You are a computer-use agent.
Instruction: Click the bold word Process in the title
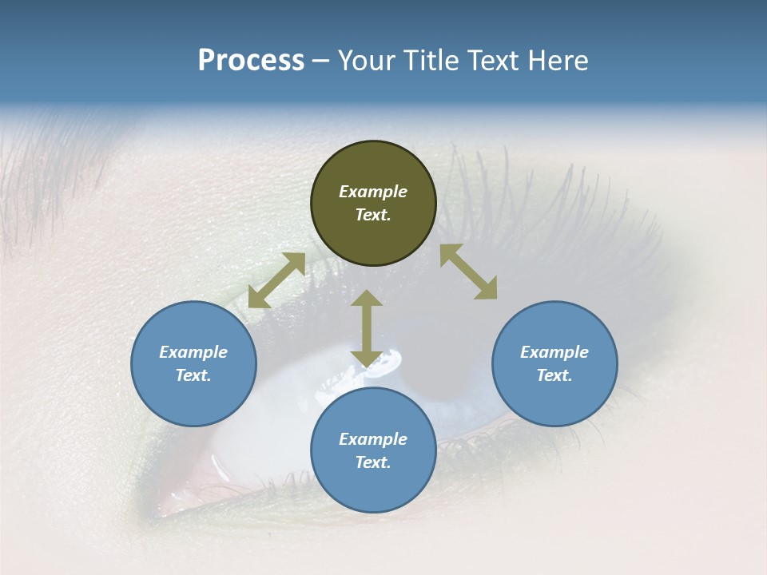tap(251, 61)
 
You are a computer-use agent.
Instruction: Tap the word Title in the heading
tap(425, 61)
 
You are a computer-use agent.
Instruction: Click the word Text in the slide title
tap(491, 61)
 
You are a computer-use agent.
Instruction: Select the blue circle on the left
tap(193, 399)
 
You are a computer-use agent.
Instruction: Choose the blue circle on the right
tap(554, 399)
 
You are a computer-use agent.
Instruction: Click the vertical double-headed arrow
tap(367, 328)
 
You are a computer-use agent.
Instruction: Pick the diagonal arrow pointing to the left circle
tap(276, 280)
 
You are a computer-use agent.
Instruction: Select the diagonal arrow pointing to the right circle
tap(468, 272)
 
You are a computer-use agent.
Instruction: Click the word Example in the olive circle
tap(373, 192)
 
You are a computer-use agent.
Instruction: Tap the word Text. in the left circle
tap(193, 375)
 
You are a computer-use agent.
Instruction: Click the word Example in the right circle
tap(554, 352)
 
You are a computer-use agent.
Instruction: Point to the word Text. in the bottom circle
tap(373, 462)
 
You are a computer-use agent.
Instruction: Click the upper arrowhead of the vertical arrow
tap(367, 299)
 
